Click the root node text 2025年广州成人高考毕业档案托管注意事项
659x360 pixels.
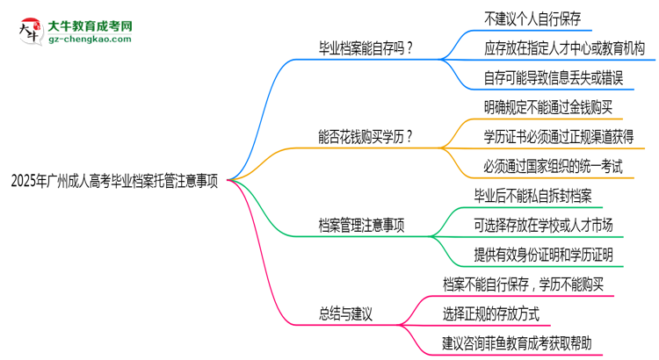point(114,181)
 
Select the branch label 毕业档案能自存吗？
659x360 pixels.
point(366,48)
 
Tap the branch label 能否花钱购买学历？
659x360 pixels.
point(366,136)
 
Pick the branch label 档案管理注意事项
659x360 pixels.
point(361,225)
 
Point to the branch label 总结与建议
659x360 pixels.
point(345,313)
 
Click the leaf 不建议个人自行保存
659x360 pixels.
point(532,18)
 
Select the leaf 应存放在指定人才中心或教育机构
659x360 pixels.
point(564,48)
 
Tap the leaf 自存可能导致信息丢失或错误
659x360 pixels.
point(554,78)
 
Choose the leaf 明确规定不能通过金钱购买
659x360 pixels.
point(548,107)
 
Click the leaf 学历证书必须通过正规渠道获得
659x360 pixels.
point(559,136)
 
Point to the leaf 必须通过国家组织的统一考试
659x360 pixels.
point(553,166)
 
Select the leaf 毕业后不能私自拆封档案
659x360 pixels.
point(533,196)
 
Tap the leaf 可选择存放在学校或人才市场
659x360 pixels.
point(543,225)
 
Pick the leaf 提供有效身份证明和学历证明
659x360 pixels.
point(543,255)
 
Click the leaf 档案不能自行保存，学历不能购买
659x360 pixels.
point(524,284)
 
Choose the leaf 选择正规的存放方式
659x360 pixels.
point(491,313)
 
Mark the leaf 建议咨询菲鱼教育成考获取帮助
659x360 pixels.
point(517,343)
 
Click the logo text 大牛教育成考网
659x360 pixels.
point(90,26)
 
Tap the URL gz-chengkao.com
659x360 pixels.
point(90,40)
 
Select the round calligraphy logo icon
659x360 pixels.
point(31,31)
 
